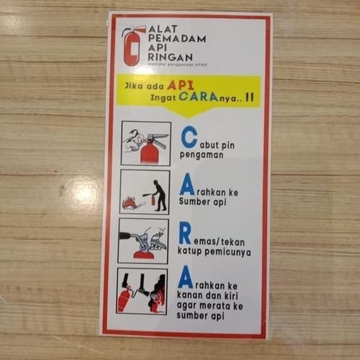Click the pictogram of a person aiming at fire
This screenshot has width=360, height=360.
coord(145,192)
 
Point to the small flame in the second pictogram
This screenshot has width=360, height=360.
coord(130,203)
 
